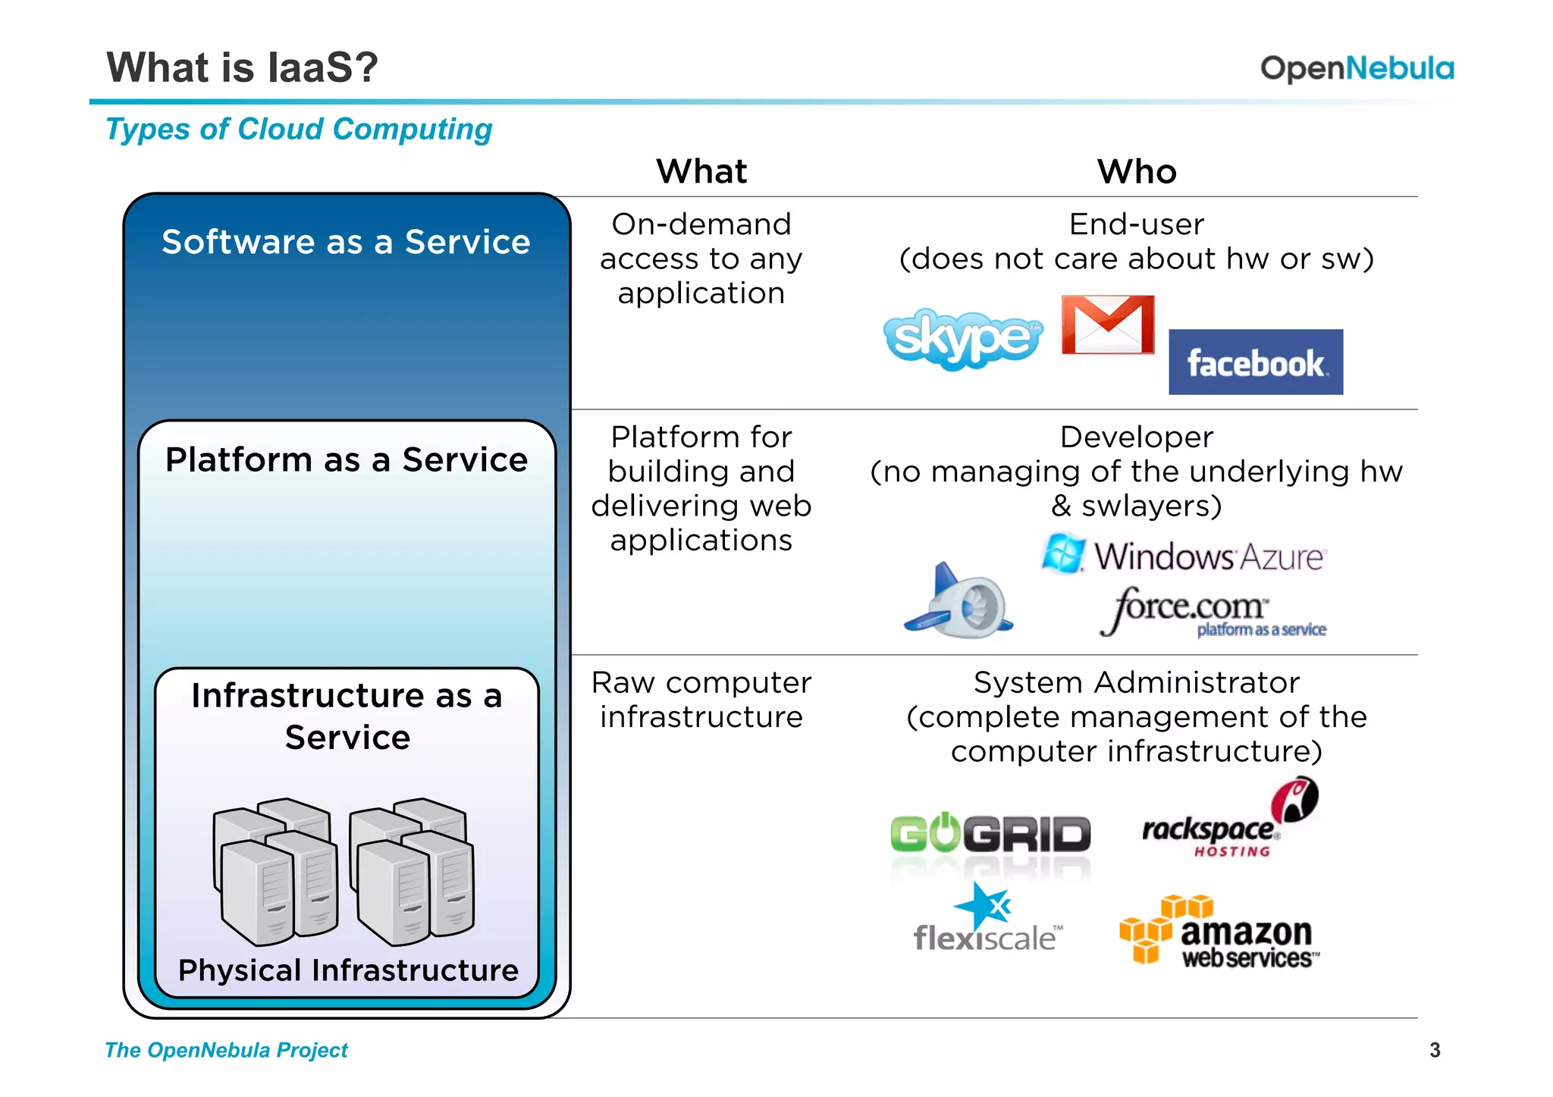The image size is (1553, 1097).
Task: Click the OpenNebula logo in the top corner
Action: click(1357, 68)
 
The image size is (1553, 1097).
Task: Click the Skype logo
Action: click(962, 338)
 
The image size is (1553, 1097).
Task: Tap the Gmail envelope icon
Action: click(1108, 325)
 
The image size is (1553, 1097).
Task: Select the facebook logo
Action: click(1256, 362)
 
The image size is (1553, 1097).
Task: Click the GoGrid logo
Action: click(990, 834)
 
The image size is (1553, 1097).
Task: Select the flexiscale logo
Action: click(987, 920)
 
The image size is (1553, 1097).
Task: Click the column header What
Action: click(701, 171)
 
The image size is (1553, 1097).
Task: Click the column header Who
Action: click(1137, 171)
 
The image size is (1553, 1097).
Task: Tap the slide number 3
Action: click(1434, 1050)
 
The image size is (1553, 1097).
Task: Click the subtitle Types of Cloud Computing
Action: click(299, 129)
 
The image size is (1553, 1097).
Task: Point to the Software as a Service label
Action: click(346, 242)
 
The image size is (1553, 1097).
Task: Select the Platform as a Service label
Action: click(347, 459)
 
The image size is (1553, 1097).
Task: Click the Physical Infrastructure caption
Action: click(348, 970)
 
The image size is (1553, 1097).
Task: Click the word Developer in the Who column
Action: click(1136, 437)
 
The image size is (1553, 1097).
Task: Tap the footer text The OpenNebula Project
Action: click(226, 1050)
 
